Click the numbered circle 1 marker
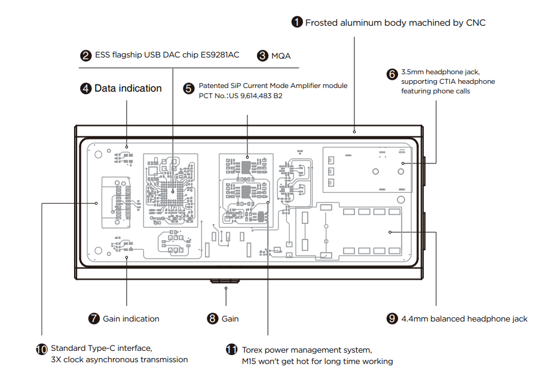297,22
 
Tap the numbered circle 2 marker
86,56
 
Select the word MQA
281,56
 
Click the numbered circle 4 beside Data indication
86,89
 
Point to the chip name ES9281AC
220,55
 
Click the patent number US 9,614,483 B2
255,96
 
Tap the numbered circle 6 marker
392,74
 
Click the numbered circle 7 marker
94,319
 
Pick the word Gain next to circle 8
230,319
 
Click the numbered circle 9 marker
392,319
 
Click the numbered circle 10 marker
42,349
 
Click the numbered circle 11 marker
231,350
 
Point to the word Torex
252,350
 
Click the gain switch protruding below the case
225,281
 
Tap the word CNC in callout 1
476,23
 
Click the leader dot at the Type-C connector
96,203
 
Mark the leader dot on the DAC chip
173,192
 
